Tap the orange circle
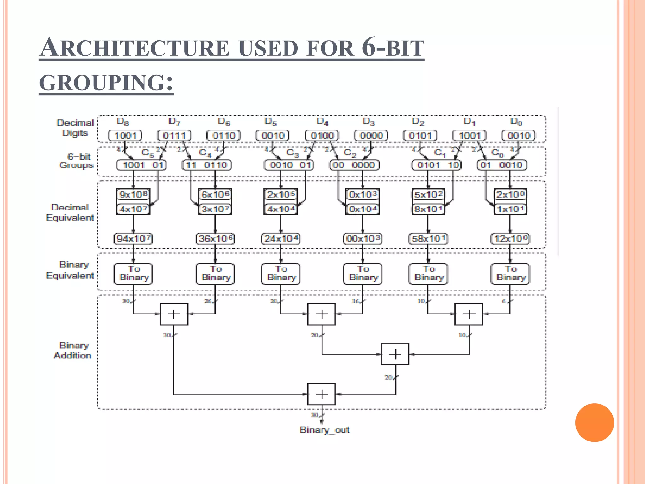coord(594,422)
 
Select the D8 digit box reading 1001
coord(125,135)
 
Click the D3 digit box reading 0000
coord(371,135)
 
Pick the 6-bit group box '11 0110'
coord(207,165)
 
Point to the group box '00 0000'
coord(354,165)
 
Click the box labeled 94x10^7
coord(133,239)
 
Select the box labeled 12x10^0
coord(510,239)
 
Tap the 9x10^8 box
coord(133,194)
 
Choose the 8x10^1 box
coord(428,209)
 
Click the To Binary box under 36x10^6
coord(215,274)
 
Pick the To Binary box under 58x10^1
coord(428,274)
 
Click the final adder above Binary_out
coord(321,394)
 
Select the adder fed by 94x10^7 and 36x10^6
coord(174,314)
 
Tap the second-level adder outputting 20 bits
coord(395,354)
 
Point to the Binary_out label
coord(324,430)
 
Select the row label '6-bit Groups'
coord(77,161)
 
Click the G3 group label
coord(292,153)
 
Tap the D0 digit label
coord(516,121)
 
